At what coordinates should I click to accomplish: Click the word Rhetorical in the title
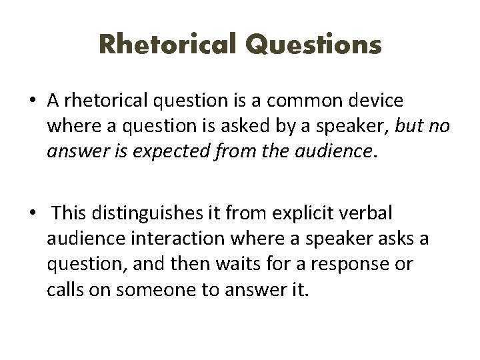pyautogui.click(x=167, y=45)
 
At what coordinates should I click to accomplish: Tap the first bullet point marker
pyautogui.click(x=33, y=101)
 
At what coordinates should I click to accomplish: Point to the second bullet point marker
pyautogui.click(x=33, y=214)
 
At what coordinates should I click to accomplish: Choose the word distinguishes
pyautogui.click(x=145, y=214)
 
